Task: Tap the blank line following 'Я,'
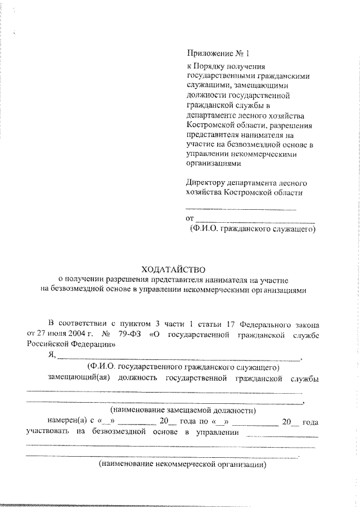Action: (x=179, y=358)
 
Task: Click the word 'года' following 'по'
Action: (x=310, y=422)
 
